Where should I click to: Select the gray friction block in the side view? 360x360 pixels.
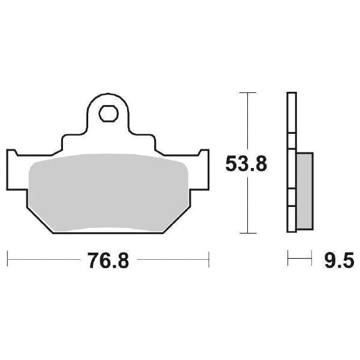coord(305,191)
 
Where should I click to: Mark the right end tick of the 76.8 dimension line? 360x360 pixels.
coord(209,260)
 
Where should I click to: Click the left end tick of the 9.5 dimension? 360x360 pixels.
coord(288,260)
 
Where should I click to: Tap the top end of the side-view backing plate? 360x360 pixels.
coord(292,95)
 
